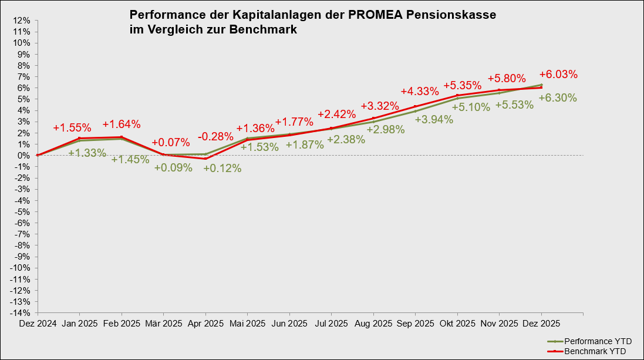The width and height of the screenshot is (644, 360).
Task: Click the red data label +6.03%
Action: point(558,75)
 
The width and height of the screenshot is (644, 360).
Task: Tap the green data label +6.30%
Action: point(558,98)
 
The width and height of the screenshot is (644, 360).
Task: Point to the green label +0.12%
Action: point(222,168)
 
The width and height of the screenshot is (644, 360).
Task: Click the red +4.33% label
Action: point(420,92)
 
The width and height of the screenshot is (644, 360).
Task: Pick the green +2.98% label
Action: point(385,130)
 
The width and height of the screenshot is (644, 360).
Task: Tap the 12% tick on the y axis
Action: point(22,20)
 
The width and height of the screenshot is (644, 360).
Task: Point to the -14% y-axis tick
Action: point(21,312)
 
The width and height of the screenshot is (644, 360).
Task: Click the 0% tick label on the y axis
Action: point(24,155)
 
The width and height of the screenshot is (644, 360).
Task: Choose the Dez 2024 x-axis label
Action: point(38,324)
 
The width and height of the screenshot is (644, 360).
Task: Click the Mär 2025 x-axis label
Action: point(163,324)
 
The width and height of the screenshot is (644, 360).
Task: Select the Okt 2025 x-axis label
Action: point(457,324)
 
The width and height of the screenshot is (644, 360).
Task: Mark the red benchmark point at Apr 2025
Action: point(205,159)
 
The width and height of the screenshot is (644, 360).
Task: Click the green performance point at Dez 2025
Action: point(541,85)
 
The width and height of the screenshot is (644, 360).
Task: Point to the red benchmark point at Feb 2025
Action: point(122,137)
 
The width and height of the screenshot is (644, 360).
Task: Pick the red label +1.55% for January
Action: point(72,127)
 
